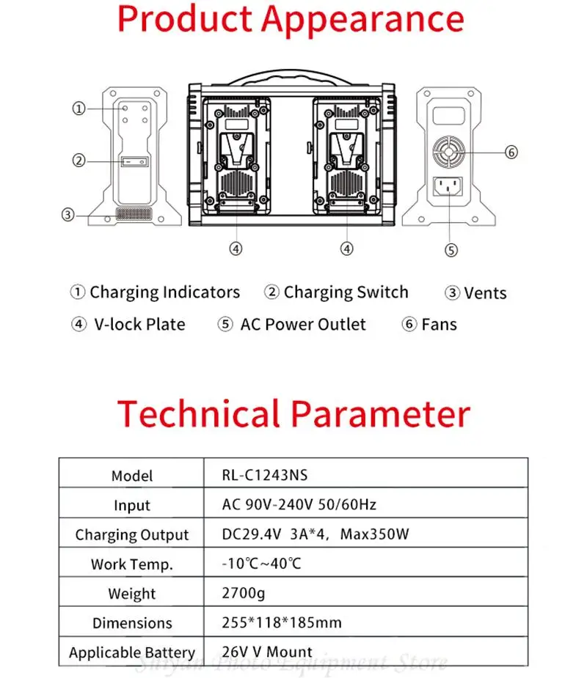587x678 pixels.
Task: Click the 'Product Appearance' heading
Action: pyautogui.click(x=291, y=20)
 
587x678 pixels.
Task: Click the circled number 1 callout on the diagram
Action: pyautogui.click(x=79, y=108)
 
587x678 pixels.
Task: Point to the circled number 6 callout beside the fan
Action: pyautogui.click(x=511, y=152)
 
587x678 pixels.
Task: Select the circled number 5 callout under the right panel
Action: pyautogui.click(x=451, y=250)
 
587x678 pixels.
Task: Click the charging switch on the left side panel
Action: pyautogui.click(x=134, y=161)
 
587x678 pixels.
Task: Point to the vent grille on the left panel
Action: pyautogui.click(x=134, y=215)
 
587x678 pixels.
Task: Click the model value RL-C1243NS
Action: pyautogui.click(x=265, y=475)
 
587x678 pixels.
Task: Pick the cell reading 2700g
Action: pyautogui.click(x=241, y=593)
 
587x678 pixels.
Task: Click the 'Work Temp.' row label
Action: pyautogui.click(x=132, y=564)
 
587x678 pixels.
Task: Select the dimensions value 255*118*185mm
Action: pyautogui.click(x=282, y=623)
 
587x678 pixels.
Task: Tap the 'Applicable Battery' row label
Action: pyautogui.click(x=132, y=652)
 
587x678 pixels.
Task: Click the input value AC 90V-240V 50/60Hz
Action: pyautogui.click(x=299, y=505)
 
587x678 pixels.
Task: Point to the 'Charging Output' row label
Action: pyautogui.click(x=132, y=535)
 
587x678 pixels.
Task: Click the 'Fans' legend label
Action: pyautogui.click(x=439, y=325)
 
